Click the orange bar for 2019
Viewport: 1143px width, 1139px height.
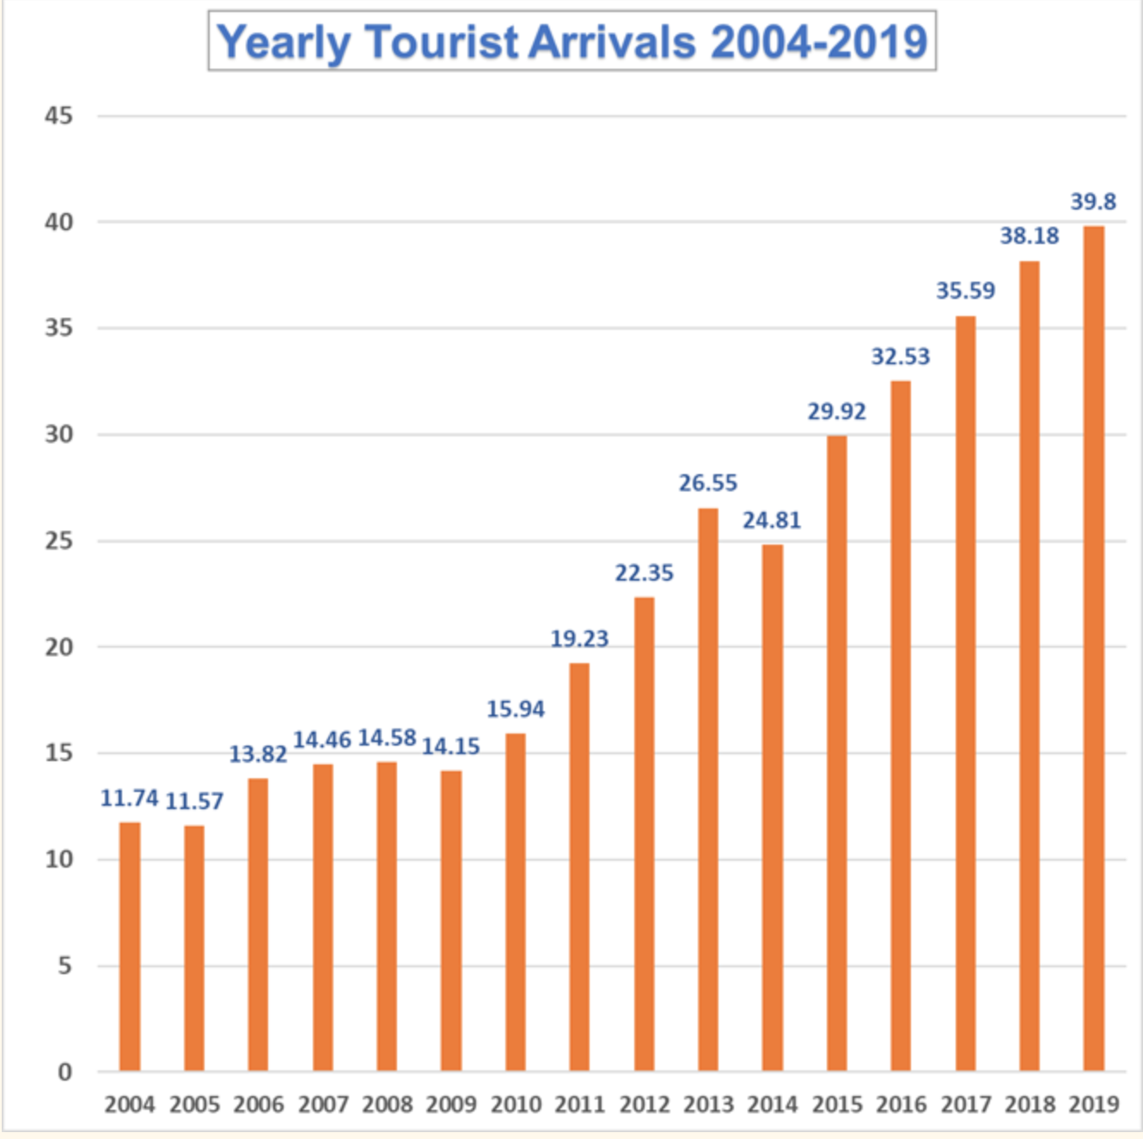click(x=1093, y=649)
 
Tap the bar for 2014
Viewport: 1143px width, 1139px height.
click(x=772, y=807)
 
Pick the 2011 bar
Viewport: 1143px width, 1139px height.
click(x=579, y=867)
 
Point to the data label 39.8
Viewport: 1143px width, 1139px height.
click(x=1092, y=202)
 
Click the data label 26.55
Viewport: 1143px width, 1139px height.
click(x=707, y=483)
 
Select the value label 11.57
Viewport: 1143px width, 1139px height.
click(x=194, y=801)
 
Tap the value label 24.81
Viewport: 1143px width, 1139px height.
click(x=772, y=521)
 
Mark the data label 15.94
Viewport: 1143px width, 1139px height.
click(x=516, y=710)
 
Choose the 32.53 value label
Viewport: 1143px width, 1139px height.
click(x=901, y=356)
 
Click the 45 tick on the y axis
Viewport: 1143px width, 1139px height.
click(x=59, y=116)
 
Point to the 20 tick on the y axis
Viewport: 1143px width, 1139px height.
click(x=59, y=647)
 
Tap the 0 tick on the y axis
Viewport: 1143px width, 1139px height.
click(x=64, y=1071)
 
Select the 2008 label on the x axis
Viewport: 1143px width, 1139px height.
click(x=387, y=1104)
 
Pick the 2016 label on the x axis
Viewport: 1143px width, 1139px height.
click(x=901, y=1104)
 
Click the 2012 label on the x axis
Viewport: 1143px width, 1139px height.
click(x=644, y=1104)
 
